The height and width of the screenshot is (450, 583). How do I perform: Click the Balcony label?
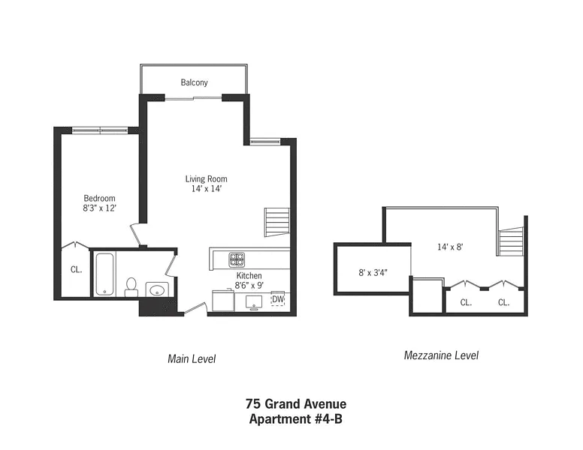pos(194,82)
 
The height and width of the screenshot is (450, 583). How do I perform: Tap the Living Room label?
pos(207,178)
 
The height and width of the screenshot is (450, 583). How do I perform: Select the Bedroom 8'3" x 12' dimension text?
pos(100,208)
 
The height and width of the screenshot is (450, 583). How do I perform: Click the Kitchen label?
pos(249,275)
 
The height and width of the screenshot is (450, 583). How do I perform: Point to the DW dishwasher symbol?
pos(278,299)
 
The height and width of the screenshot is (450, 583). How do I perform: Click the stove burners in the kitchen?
pos(237,259)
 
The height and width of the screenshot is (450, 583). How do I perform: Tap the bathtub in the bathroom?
pos(104,274)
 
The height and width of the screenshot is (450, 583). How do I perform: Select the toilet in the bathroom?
pos(131,286)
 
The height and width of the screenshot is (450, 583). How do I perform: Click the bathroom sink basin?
pos(157,289)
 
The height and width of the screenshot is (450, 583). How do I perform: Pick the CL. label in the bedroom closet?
pos(76,269)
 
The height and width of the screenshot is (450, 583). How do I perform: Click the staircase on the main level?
pos(277,222)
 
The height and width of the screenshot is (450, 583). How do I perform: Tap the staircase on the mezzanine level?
pos(511,241)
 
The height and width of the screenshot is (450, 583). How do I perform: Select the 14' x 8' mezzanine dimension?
pos(450,247)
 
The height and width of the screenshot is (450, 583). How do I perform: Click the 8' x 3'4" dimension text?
pos(373,272)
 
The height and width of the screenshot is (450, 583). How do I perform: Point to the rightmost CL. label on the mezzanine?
pos(504,302)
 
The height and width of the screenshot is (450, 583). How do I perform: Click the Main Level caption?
pos(192,358)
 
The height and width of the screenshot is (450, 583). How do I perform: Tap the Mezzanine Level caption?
pos(441,355)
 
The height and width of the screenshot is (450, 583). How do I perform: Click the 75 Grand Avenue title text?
pos(296,403)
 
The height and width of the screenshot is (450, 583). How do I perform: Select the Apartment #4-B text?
pos(296,418)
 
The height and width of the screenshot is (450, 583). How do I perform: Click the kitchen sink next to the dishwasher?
pos(254,302)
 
